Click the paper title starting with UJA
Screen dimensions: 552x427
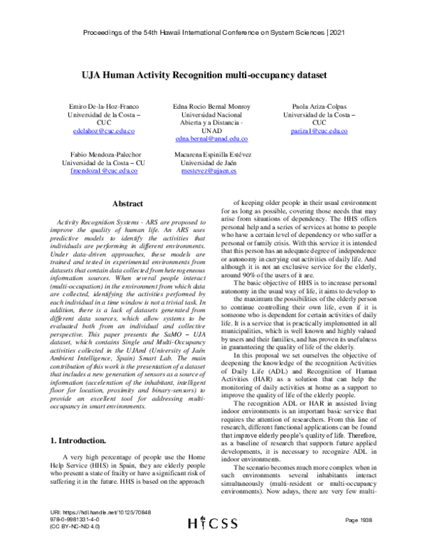click(x=213, y=75)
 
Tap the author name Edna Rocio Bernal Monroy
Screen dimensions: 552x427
click(x=212, y=105)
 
